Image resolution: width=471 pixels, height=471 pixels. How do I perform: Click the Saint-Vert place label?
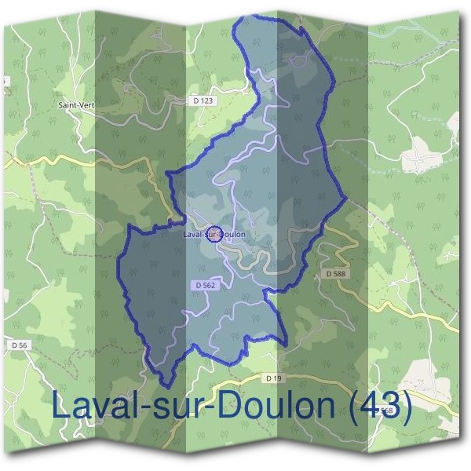(x=75, y=103)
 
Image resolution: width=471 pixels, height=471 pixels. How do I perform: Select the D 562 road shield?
(x=203, y=286)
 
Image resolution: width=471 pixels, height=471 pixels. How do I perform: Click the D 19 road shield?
(x=274, y=378)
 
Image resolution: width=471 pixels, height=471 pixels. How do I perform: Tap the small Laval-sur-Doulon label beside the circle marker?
(x=214, y=234)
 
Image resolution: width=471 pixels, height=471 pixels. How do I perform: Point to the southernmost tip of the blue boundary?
(x=166, y=386)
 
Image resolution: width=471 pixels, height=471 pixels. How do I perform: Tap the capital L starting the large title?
(x=61, y=407)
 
